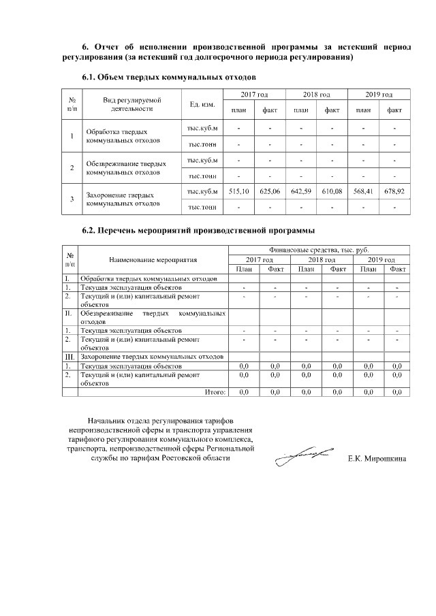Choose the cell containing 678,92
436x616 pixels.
click(394, 192)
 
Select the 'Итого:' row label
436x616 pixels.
click(215, 391)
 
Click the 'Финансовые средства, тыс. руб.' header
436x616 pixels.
click(318, 250)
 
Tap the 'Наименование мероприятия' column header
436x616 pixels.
click(153, 259)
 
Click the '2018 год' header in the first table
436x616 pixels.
click(316, 94)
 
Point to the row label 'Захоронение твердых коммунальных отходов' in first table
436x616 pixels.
click(123, 199)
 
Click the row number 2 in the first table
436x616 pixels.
click(72, 167)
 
